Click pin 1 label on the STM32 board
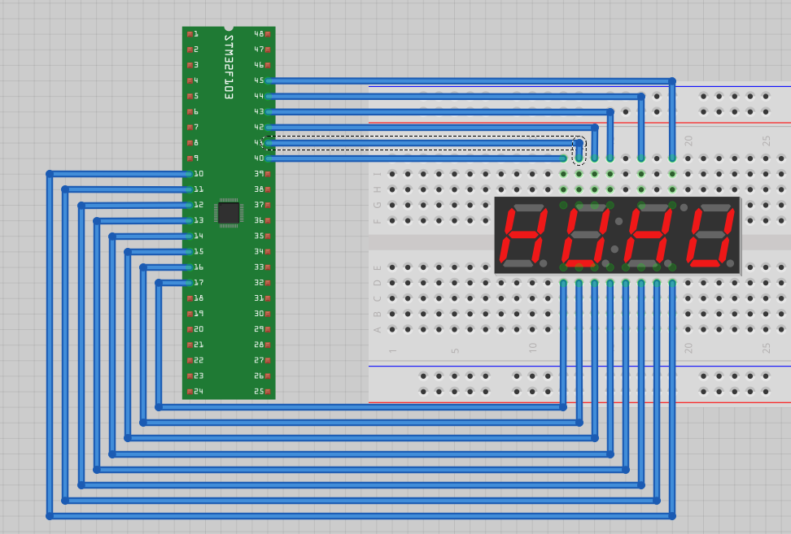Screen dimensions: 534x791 [194, 34]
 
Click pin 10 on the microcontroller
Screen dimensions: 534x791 [198, 174]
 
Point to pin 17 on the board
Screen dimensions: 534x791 [198, 283]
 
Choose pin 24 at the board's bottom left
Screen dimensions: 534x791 [198, 392]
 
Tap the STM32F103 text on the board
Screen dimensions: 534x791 [229, 67]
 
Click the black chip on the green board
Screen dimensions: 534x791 [229, 213]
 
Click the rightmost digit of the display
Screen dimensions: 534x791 [710, 235]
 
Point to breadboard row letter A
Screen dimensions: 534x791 [378, 330]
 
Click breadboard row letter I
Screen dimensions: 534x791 [378, 174]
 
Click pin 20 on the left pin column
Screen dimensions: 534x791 [198, 329]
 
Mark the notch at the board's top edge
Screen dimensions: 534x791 [229, 28]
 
